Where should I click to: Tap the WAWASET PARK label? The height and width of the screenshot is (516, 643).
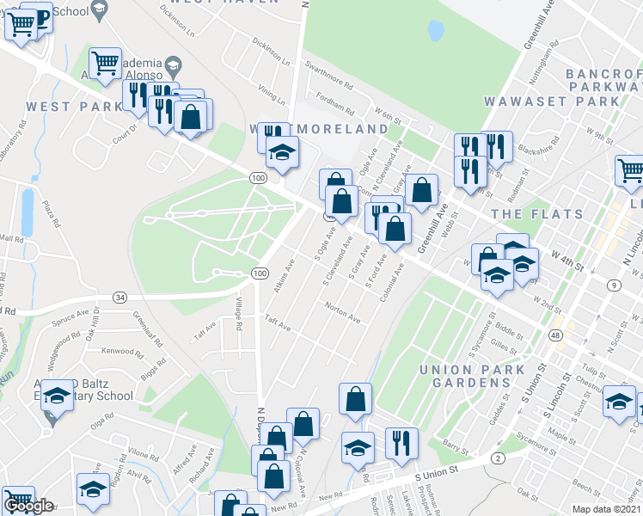550,101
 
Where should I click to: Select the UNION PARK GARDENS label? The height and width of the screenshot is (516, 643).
472,375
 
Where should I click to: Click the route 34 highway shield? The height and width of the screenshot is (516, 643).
119,298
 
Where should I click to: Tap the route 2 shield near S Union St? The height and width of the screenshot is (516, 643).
499,458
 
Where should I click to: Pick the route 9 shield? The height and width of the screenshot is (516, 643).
615,285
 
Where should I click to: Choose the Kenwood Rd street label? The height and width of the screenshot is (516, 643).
118,351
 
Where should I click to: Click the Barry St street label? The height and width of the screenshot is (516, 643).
455,445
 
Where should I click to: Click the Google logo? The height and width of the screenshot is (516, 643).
28,505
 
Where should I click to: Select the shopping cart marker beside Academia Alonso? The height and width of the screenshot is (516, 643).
105,62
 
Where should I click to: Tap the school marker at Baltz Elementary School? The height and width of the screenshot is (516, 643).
57,396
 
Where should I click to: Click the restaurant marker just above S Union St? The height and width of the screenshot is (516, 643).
401,443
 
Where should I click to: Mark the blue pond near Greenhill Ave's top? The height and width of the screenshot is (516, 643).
436,31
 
